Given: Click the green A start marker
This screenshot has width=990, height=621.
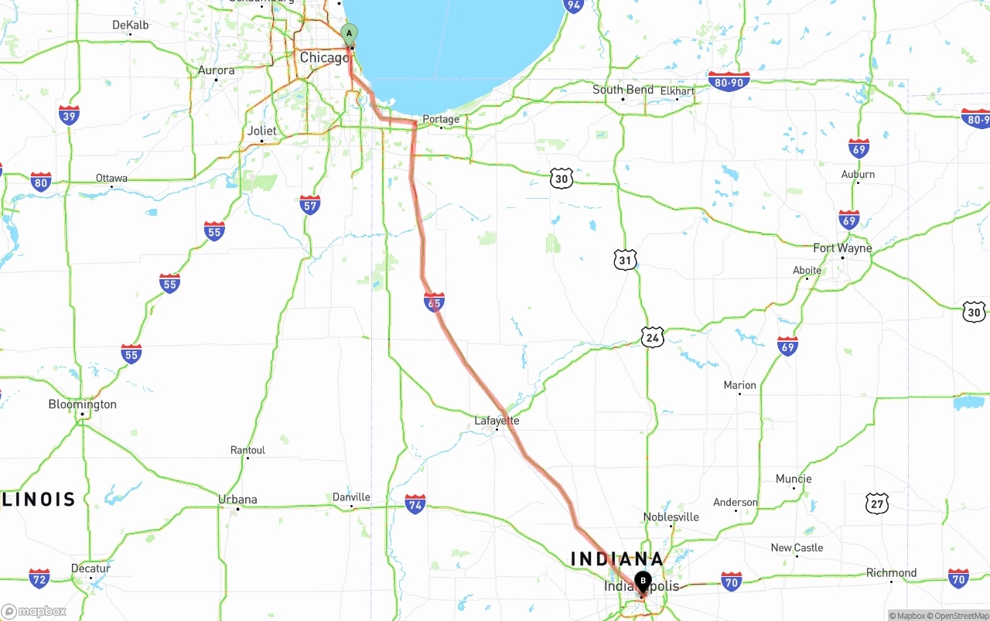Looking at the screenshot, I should click(x=350, y=33).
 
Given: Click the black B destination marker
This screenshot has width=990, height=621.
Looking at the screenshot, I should click(x=643, y=582).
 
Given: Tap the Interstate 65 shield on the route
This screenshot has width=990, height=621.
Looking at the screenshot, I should click(x=434, y=302).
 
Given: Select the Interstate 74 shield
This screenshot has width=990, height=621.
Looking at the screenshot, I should click(x=415, y=505).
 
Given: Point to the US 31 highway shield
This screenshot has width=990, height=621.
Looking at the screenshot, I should click(x=626, y=259).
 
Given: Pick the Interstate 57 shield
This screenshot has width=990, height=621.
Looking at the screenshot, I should click(x=310, y=205).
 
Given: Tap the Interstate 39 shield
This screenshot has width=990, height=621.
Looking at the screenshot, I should click(x=69, y=116).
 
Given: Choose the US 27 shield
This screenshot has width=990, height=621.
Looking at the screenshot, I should click(x=876, y=503).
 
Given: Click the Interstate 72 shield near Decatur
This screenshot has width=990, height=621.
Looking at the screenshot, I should click(x=39, y=578).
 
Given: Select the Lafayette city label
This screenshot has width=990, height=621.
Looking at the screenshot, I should click(x=497, y=421).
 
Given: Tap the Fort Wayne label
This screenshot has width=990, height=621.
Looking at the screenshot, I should click(x=842, y=248).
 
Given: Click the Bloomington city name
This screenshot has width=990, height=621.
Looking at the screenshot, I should click(x=82, y=404).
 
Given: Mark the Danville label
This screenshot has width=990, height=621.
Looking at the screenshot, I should click(x=351, y=497).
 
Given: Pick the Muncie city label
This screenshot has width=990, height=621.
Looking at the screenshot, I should click(x=794, y=479).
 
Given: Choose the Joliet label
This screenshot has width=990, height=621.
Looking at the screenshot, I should click(x=261, y=131).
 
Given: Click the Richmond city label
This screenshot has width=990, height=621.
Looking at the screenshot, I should click(x=891, y=573).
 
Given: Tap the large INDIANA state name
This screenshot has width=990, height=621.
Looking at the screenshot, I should click(x=616, y=558).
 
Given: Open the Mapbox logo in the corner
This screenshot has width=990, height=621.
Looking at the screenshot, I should click(x=34, y=611).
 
